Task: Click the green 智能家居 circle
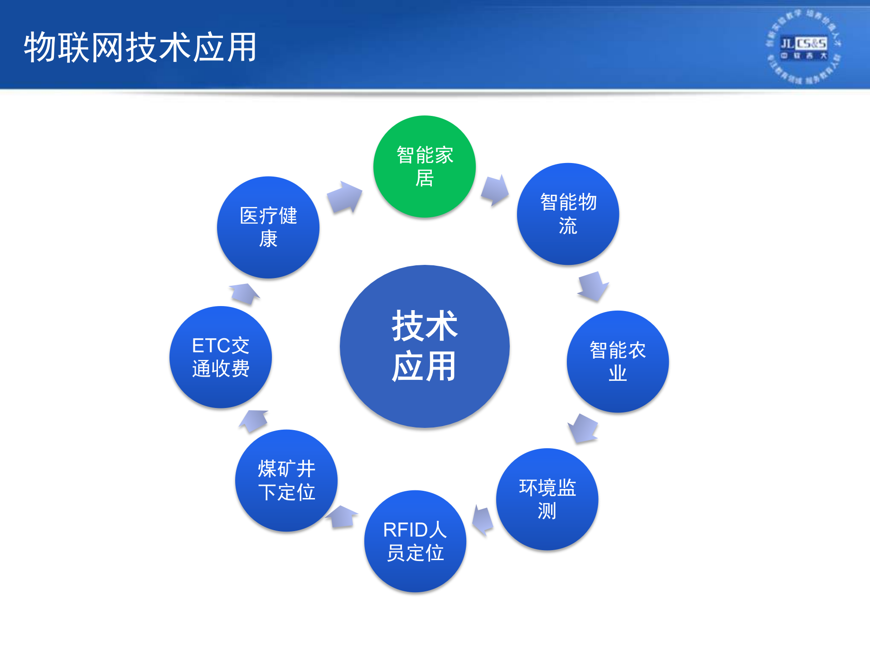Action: click(424, 167)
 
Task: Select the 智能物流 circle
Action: click(568, 214)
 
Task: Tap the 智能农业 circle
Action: click(617, 361)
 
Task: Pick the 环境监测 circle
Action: click(547, 499)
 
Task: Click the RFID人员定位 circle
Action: click(415, 541)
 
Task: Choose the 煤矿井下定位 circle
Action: click(286, 480)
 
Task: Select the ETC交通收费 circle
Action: click(220, 357)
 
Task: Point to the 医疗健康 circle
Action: click(268, 227)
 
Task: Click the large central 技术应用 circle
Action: click(425, 346)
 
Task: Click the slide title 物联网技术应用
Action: click(140, 47)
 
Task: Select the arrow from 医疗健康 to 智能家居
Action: click(345, 197)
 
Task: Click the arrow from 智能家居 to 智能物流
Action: click(495, 190)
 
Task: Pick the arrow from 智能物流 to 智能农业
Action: click(593, 286)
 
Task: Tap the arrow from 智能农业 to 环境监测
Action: click(584, 428)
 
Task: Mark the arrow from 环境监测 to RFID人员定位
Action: click(483, 521)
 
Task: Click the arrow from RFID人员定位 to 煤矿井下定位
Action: click(342, 517)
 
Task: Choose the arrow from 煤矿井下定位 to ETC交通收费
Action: click(254, 420)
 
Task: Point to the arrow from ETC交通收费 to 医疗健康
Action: click(245, 294)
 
